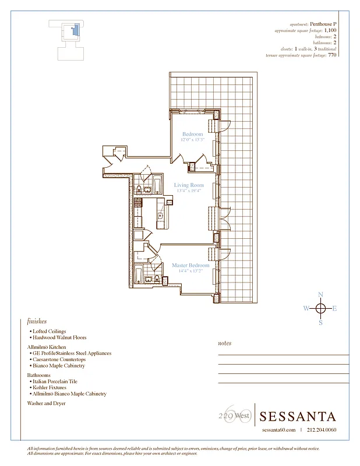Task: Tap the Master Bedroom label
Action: [x=190, y=266]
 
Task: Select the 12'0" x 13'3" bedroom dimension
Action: [x=192, y=140]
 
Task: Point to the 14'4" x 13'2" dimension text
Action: [x=190, y=271]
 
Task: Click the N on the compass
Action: [x=320, y=295]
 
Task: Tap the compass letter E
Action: [x=334, y=309]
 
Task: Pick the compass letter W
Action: [x=306, y=309]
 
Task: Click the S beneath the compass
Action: [x=320, y=323]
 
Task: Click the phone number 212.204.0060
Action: [x=322, y=430]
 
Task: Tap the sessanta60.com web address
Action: [x=278, y=430]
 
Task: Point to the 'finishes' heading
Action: [x=37, y=321]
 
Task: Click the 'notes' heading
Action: [x=224, y=344]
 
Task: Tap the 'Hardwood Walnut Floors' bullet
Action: [x=59, y=337]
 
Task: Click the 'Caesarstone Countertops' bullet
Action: [x=59, y=359]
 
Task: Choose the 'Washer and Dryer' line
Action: [x=46, y=403]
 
